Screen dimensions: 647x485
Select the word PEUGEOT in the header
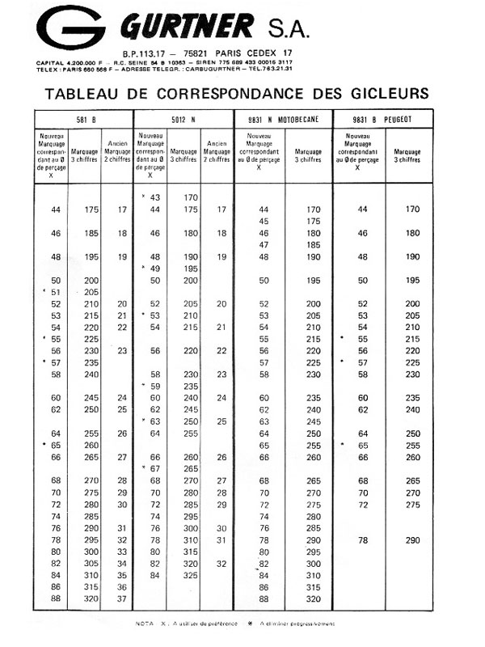pyautogui.click(x=396, y=119)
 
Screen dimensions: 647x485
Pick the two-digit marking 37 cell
pyautogui.click(x=122, y=598)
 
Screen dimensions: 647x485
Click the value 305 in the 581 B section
pyautogui.click(x=91, y=563)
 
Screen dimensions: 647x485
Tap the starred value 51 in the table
pyautogui.click(x=56, y=291)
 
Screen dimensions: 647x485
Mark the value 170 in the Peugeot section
pyautogui.click(x=412, y=209)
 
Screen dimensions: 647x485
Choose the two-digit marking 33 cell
pyautogui.click(x=122, y=551)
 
